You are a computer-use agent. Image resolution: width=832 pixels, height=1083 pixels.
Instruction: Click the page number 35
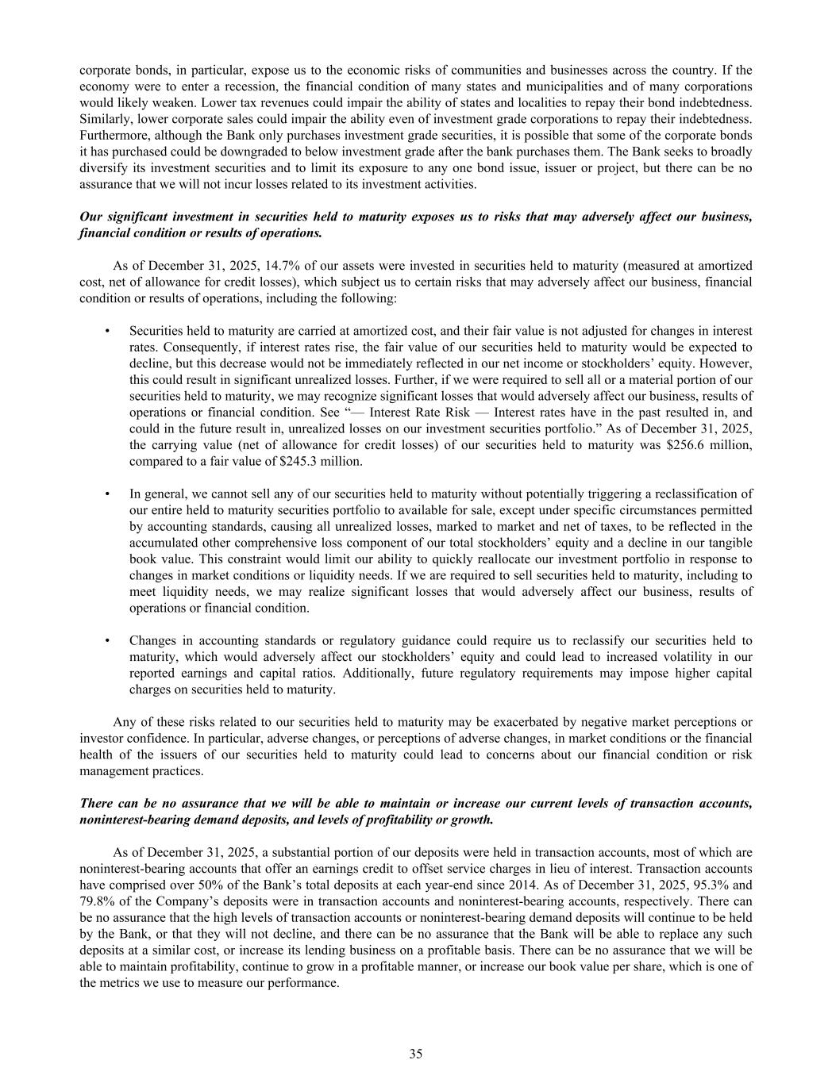pos(416,1054)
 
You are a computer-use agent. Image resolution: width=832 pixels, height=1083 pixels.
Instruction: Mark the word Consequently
pos(167,347)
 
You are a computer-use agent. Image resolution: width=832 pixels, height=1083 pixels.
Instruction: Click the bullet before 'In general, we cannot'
pos(106,494)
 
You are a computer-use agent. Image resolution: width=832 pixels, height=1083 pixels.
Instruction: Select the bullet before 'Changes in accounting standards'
pos(106,640)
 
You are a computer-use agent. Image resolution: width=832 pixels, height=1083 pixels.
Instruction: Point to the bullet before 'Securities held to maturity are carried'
pos(106,331)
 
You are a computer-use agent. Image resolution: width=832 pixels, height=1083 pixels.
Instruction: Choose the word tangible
pos(730,543)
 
